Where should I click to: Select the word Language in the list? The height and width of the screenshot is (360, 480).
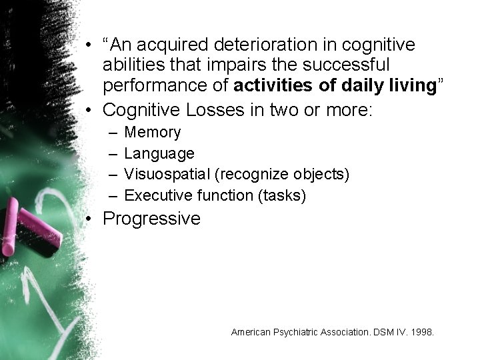pos(159,154)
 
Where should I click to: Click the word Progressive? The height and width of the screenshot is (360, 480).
pos(152,219)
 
